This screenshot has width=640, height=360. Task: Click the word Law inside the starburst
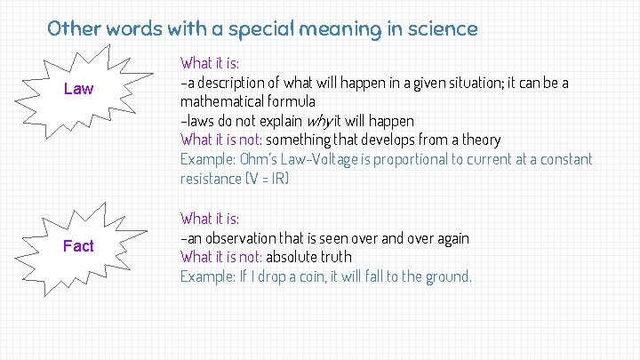coord(78,89)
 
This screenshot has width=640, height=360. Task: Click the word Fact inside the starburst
coord(78,246)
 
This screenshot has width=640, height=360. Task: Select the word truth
coord(332,257)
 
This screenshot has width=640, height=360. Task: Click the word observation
coord(236,237)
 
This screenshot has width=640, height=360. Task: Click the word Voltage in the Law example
coord(344,159)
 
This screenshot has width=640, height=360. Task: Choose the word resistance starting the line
coord(209,179)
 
